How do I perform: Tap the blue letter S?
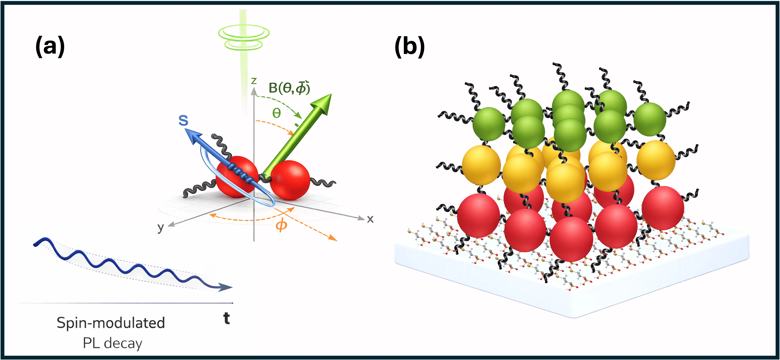click(x=183, y=120)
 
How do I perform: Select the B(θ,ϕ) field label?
click(x=289, y=88)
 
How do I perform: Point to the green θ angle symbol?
click(x=276, y=113)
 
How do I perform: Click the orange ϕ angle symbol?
click(x=281, y=225)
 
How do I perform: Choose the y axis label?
click(x=161, y=227)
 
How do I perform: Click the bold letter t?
click(x=227, y=318)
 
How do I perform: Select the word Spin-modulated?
click(x=111, y=323)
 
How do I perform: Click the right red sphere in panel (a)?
click(x=290, y=180)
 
